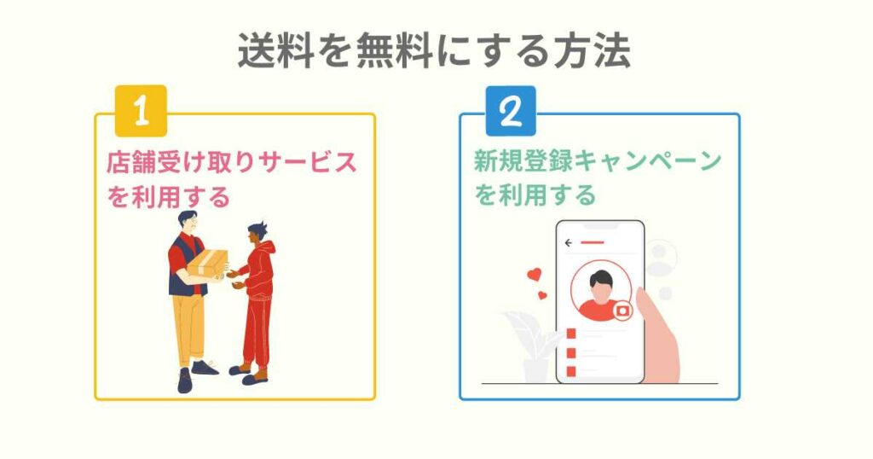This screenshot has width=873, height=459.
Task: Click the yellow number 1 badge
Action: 142,111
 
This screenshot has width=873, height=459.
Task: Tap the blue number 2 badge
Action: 510,111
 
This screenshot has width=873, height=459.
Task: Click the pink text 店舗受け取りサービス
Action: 231,162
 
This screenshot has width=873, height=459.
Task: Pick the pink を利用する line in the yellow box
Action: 169,197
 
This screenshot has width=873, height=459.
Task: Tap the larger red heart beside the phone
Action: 534,276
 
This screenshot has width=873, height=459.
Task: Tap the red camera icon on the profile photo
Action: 623,311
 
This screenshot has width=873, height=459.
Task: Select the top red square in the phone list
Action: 572,333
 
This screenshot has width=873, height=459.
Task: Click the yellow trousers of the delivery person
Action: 188,328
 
